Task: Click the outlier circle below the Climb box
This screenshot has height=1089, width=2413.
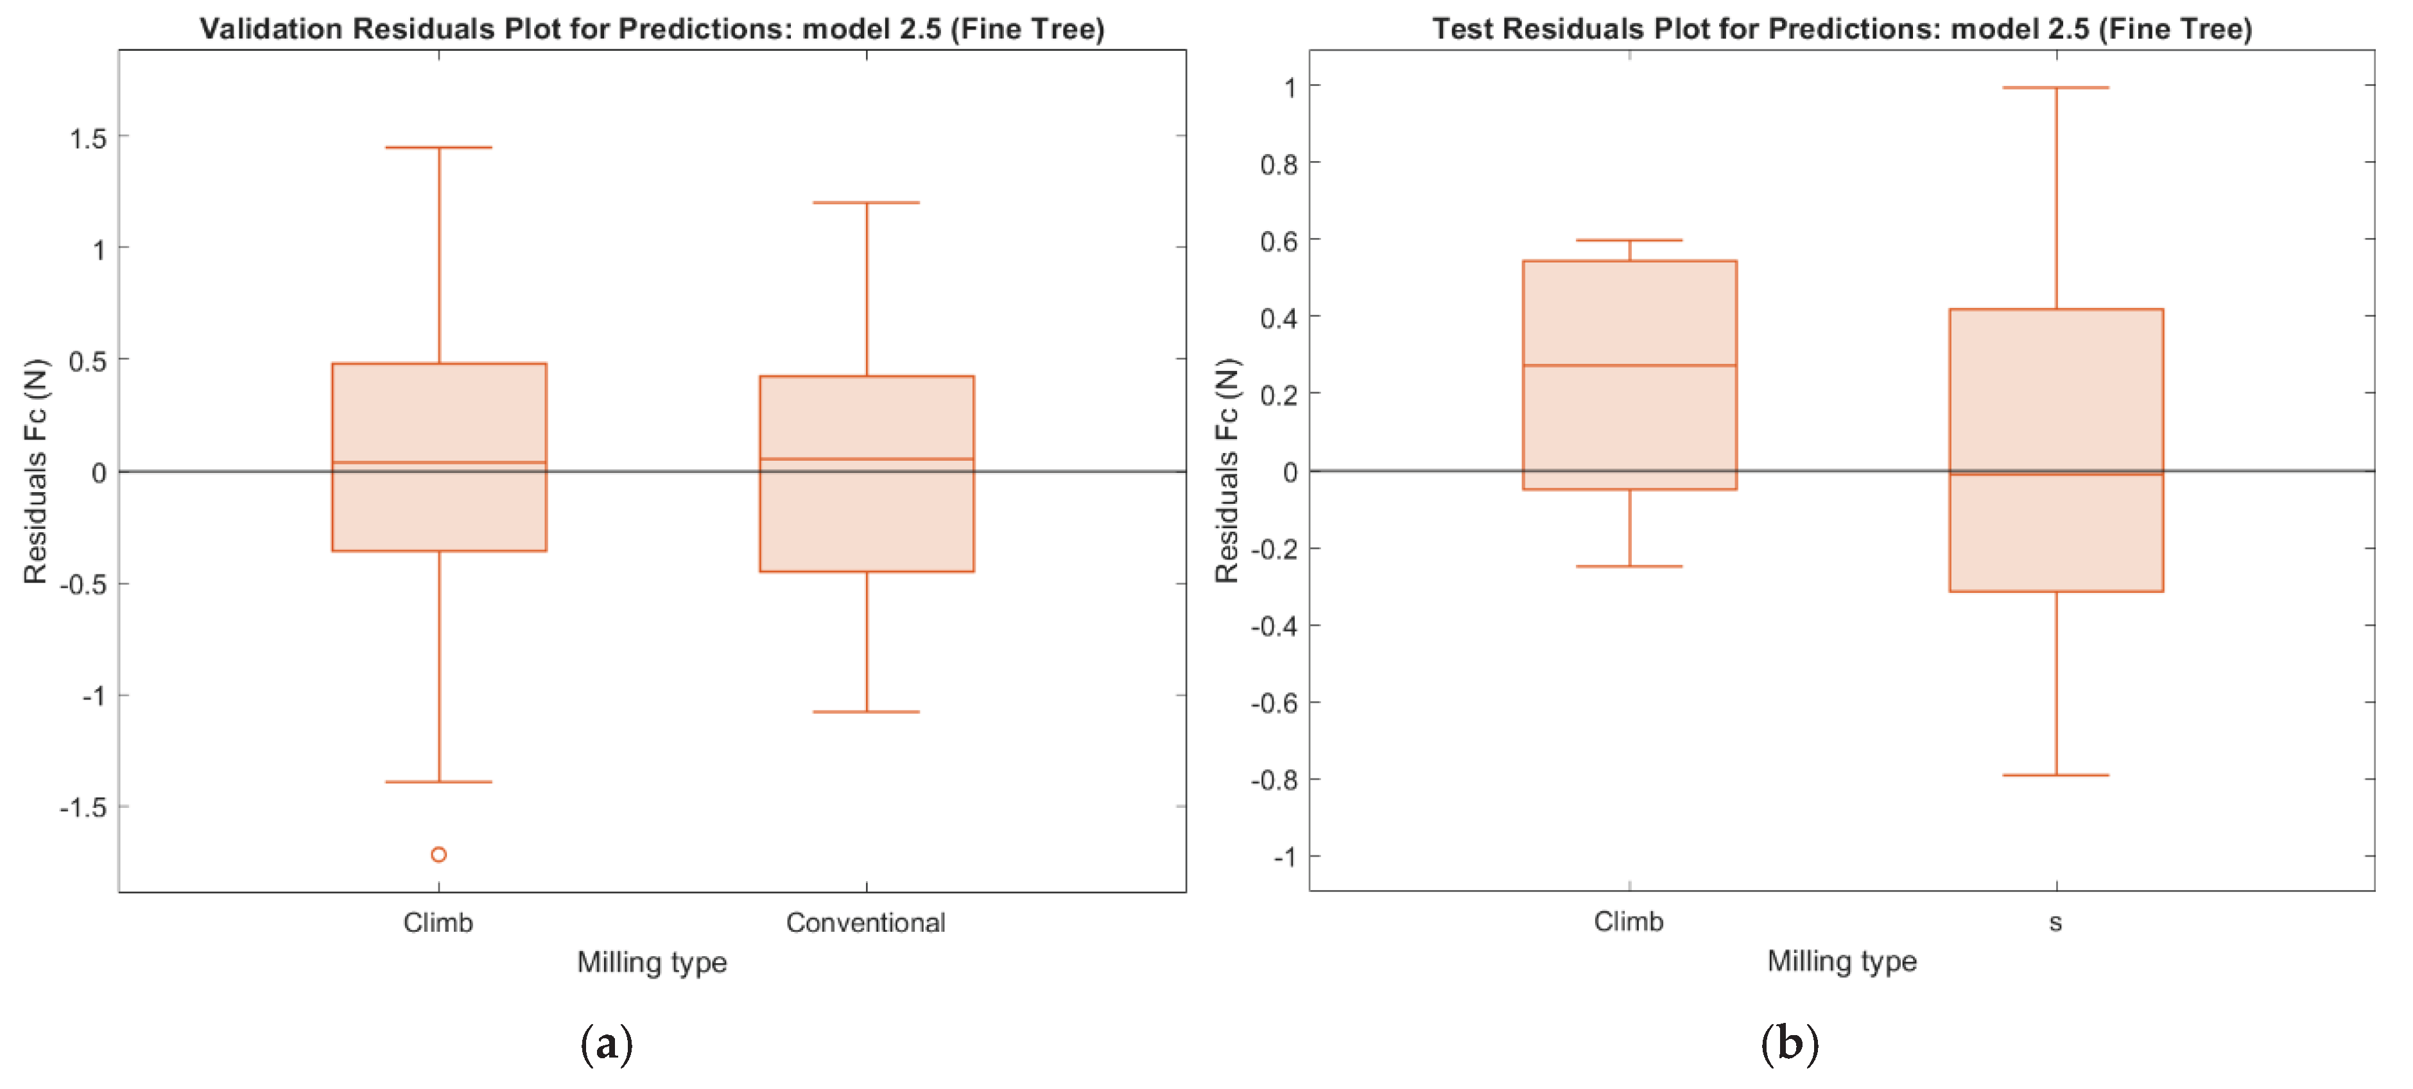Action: click(438, 854)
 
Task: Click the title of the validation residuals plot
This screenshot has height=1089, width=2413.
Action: click(652, 28)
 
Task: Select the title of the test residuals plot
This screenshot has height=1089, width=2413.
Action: click(1842, 28)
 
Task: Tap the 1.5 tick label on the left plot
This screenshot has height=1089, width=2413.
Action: click(88, 139)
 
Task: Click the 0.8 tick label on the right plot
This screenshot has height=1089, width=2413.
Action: click(1279, 165)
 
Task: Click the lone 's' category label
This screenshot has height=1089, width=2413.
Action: click(2055, 923)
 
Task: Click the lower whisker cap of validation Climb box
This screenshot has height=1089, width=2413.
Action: click(438, 781)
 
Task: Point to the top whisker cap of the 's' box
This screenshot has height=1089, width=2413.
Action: click(2055, 88)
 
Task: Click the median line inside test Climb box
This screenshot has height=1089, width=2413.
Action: click(1629, 365)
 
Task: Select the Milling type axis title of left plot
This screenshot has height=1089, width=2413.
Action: click(652, 962)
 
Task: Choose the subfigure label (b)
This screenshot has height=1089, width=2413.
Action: click(1789, 1042)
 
